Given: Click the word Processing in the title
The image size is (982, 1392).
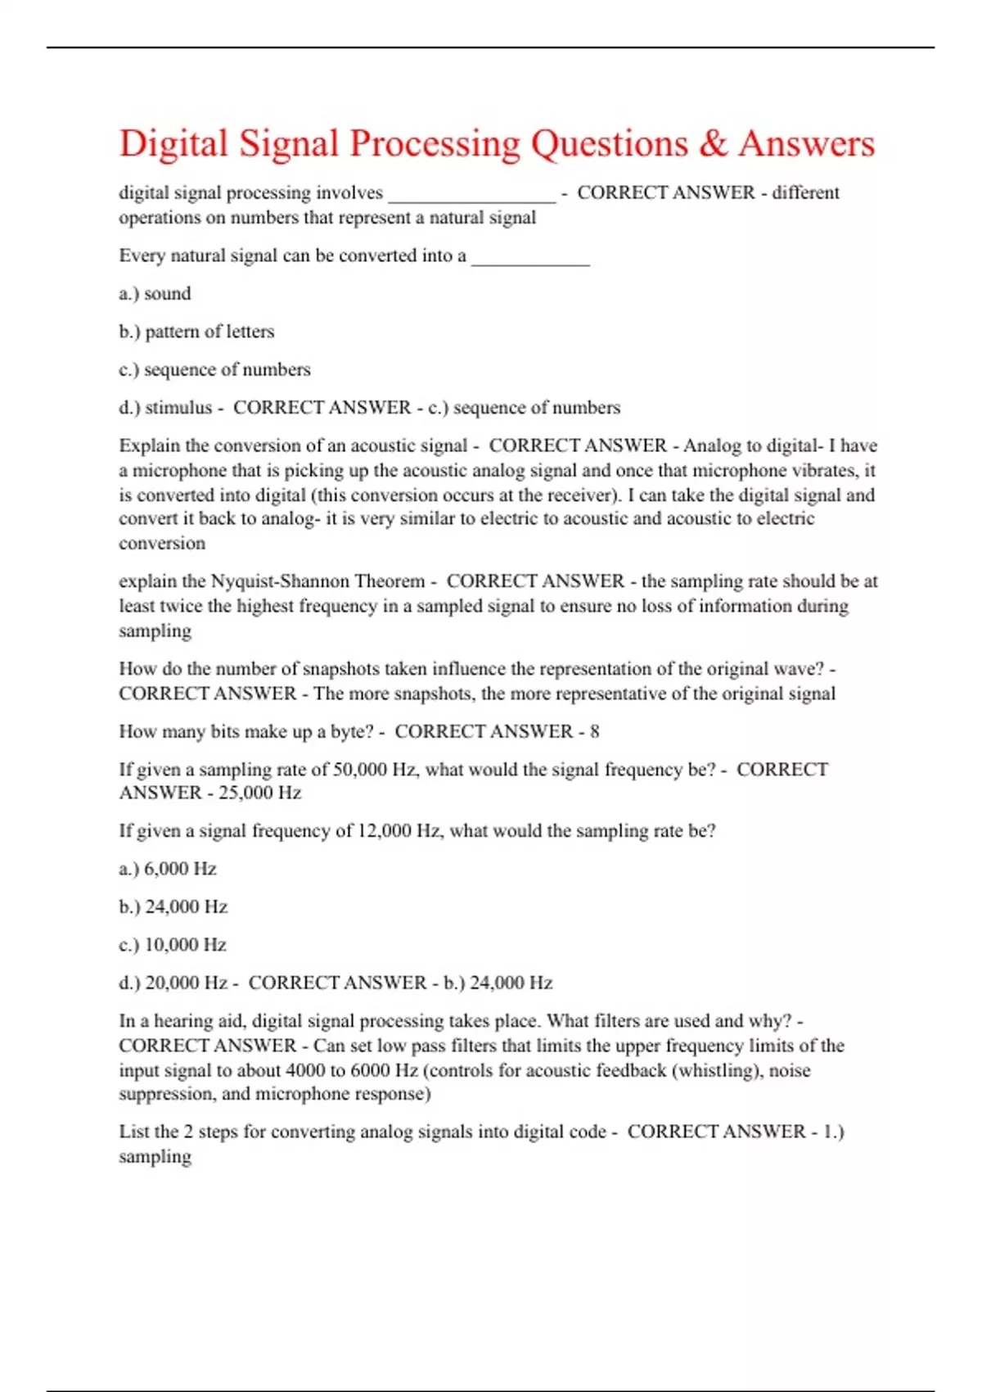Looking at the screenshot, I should (x=435, y=145).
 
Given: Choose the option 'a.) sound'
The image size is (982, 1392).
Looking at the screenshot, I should (x=155, y=294).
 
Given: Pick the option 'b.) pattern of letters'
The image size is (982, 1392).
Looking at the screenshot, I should (x=196, y=332).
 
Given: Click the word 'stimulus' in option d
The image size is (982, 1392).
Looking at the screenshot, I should (x=178, y=408).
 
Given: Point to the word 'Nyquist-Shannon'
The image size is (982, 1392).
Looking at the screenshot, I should (x=273, y=581).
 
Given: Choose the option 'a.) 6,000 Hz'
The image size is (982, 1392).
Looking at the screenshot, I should (x=168, y=869).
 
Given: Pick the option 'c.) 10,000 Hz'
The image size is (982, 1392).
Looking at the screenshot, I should (x=173, y=945).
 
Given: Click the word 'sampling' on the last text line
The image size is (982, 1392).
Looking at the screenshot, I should (x=155, y=1157).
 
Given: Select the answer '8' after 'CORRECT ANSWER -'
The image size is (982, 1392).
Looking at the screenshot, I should (x=595, y=732).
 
